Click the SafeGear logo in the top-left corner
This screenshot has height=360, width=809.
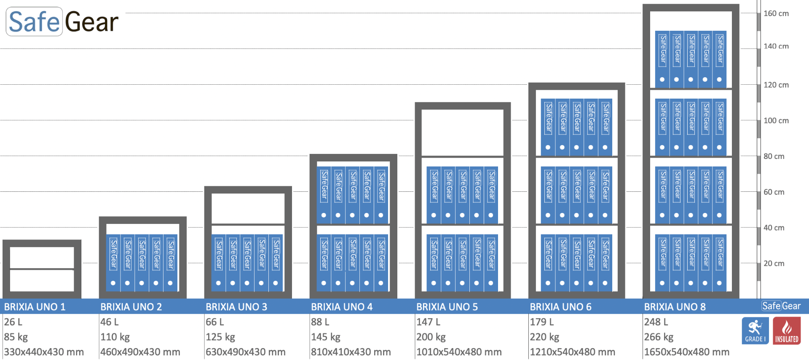62,21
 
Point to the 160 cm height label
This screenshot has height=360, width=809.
776,13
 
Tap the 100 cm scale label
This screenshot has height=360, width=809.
776,121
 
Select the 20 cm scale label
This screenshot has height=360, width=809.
774,263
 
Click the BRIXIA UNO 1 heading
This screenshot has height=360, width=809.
35,307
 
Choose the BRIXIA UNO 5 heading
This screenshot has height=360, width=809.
447,307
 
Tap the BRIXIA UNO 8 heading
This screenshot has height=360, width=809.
675,307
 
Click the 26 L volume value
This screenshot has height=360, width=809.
13,322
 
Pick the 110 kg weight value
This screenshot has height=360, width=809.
115,337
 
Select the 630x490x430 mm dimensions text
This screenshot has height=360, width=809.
246,352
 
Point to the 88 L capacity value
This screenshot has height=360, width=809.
320,322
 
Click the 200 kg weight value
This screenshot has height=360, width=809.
431,337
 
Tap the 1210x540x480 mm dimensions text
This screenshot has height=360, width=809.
573,352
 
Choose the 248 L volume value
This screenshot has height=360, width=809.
656,322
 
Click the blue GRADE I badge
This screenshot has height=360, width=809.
755,331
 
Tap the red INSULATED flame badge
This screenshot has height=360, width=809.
787,331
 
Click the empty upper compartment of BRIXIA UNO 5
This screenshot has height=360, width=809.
463,133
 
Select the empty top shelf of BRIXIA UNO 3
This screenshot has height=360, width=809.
248,209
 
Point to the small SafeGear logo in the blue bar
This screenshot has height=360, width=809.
781,306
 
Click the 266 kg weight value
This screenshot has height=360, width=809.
659,337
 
